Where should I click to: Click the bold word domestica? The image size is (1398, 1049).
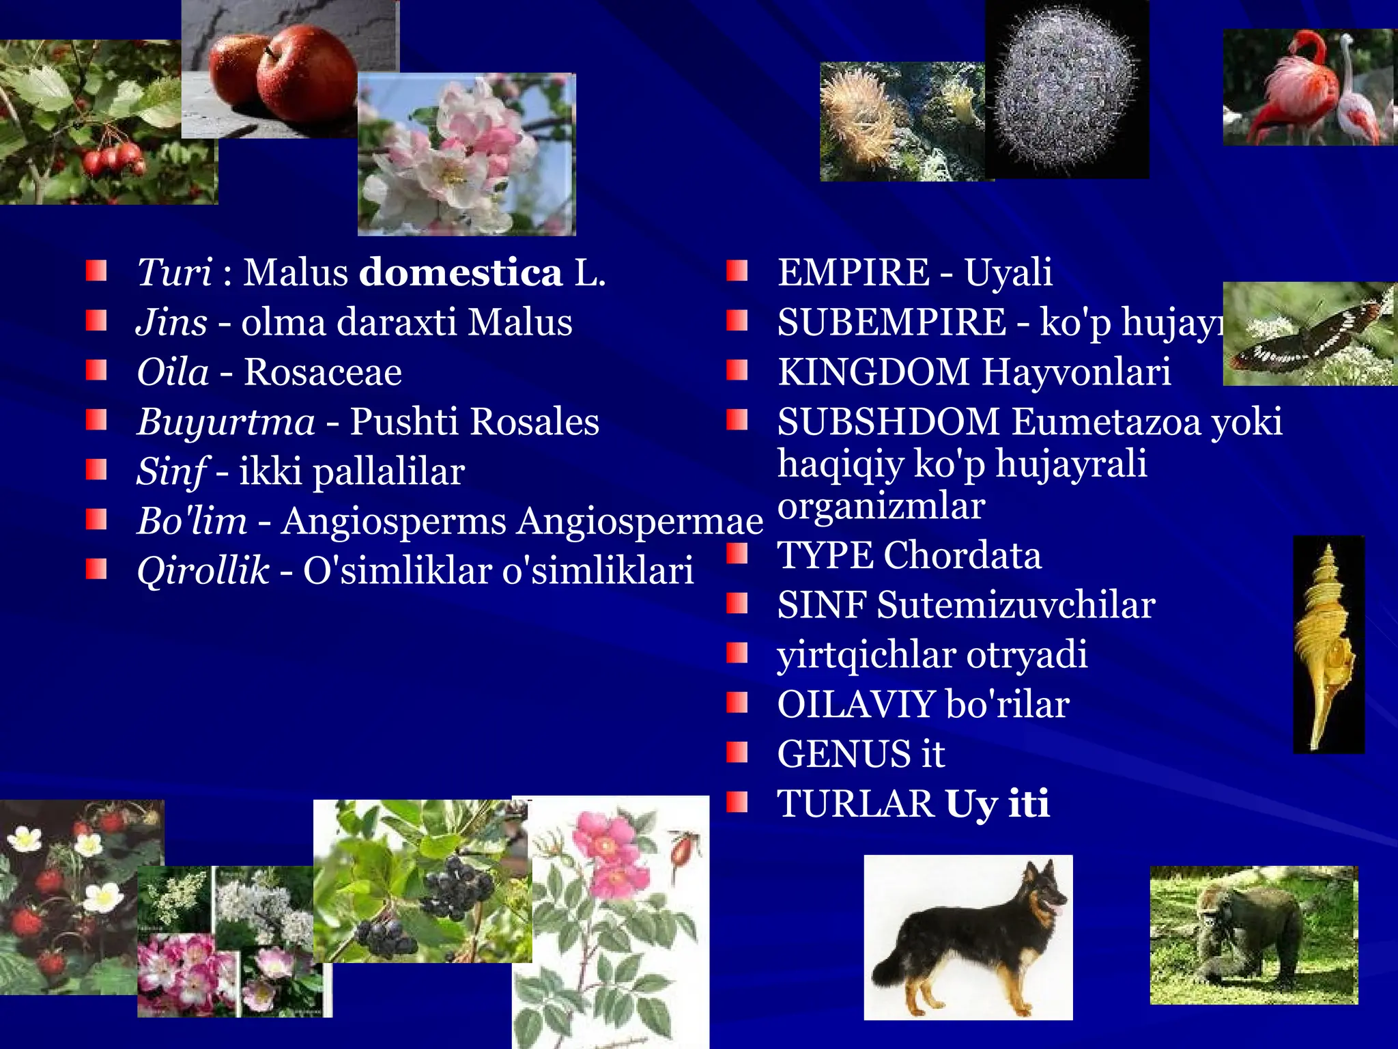pos(461,273)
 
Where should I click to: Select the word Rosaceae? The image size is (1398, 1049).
pos(323,373)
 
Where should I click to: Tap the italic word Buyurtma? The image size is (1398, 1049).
pos(226,422)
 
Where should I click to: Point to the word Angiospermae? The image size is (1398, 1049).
pos(640,522)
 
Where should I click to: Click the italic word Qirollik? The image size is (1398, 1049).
pos(203,571)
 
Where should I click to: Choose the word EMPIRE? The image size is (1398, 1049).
pos(853,272)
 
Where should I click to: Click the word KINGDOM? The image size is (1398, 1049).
pos(873,373)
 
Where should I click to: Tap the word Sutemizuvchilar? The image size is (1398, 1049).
pos(1016,606)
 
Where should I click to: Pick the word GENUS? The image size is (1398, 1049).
pos(843,755)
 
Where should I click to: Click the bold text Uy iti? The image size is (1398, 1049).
pos(997,804)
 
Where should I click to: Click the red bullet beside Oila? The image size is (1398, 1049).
pos(96,371)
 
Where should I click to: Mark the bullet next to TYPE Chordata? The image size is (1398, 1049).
pos(737,554)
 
